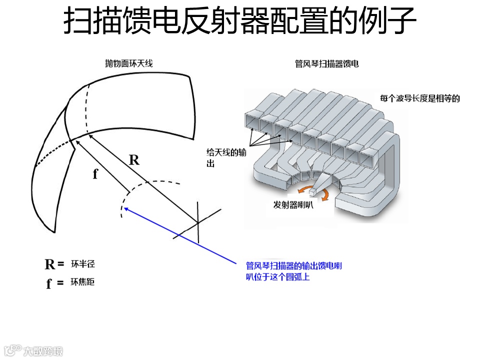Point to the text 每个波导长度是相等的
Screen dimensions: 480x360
click(x=420, y=98)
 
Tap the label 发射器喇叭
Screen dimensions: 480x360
click(x=293, y=205)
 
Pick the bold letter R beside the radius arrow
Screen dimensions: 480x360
click(x=134, y=160)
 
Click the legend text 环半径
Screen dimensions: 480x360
click(x=82, y=263)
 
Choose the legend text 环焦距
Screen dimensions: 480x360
click(x=82, y=282)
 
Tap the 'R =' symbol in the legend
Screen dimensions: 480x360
click(x=54, y=264)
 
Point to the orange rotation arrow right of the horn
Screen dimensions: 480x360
click(x=324, y=195)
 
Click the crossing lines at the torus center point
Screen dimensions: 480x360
click(x=197, y=222)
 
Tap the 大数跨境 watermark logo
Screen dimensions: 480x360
click(x=32, y=350)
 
